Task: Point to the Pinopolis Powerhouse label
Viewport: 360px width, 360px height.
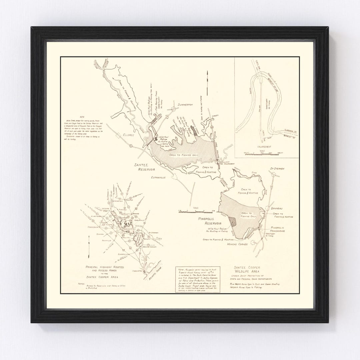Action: point(282,229)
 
